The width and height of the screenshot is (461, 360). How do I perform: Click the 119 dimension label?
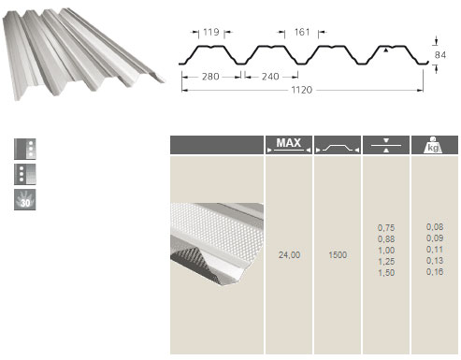click(211, 32)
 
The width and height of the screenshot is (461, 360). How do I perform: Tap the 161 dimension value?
click(302, 32)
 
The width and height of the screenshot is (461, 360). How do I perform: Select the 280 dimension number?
click(210, 77)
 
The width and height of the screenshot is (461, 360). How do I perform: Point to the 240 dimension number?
click(270, 77)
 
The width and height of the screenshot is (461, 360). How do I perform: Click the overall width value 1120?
click(301, 90)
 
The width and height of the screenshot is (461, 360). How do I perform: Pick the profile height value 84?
click(440, 55)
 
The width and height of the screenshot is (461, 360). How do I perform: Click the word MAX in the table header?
click(289, 143)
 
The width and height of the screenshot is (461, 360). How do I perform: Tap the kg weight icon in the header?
click(433, 145)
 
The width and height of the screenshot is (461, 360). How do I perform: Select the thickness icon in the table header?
click(386, 145)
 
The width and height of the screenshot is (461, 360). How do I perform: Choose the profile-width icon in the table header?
click(338, 148)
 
